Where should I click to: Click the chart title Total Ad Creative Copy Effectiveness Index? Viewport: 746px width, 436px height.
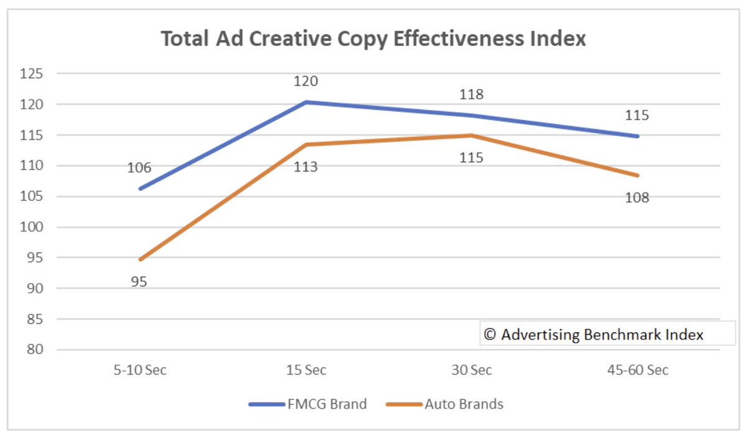coord(373,39)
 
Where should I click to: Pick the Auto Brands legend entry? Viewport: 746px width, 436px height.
coord(444,404)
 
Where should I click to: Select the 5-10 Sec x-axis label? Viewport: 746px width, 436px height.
coord(140,371)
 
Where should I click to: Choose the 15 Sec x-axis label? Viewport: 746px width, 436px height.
coord(306,371)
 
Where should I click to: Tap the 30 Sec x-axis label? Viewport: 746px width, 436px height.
coord(472,371)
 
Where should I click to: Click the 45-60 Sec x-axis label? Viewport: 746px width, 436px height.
coord(638,371)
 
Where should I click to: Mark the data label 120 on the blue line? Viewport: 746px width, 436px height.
coord(306,81)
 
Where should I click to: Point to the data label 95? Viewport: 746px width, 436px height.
coord(139,282)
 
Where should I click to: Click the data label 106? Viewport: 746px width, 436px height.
coord(140,168)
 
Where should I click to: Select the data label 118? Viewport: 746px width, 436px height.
coord(471,95)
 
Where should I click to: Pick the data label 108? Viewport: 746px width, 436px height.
coord(637,198)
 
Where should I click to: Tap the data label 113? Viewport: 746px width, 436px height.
coord(306,167)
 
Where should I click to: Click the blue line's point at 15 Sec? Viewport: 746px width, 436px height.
coord(306,102)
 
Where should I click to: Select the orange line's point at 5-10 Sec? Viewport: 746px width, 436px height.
coord(140,259)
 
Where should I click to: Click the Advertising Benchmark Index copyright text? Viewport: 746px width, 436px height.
coord(594,335)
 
